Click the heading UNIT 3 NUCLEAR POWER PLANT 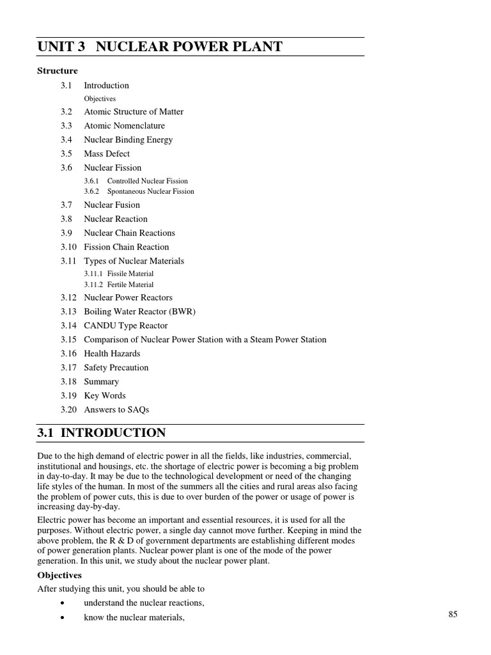coord(160,47)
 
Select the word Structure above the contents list coord(58,71)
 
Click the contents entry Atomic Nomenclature coord(124,126)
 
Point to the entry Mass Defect coord(107,154)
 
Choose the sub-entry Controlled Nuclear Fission coord(147,181)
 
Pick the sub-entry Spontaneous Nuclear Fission coord(150,191)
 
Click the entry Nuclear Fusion coord(112,205)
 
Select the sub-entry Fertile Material coord(130,285)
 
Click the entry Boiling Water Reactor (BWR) coord(139,312)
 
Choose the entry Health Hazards coord(112,354)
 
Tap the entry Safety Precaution coord(116,368)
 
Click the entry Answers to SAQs coord(116,410)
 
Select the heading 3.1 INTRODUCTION coord(102,433)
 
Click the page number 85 coord(453,615)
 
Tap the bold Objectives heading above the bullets coord(59,576)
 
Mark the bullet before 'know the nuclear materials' coord(61,618)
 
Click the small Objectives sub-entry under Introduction coord(100,99)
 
